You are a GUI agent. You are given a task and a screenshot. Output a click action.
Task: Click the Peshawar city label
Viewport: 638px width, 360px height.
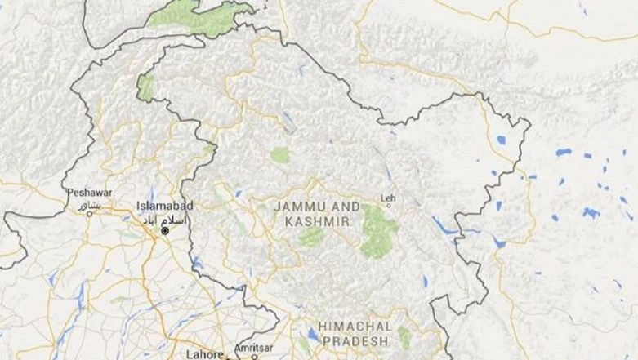pyautogui.click(x=87, y=193)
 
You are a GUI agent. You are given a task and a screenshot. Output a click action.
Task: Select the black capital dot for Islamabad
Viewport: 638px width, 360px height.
pyautogui.click(x=165, y=231)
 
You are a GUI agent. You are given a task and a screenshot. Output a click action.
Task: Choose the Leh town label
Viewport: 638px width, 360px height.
pyautogui.click(x=388, y=198)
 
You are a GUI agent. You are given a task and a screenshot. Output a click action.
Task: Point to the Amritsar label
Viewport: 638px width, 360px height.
pyautogui.click(x=254, y=348)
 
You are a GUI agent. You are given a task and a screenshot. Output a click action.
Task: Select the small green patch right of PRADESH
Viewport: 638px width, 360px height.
pyautogui.click(x=404, y=336)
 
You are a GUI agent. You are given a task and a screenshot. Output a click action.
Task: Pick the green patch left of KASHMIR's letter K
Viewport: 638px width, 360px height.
pyautogui.click(x=310, y=237)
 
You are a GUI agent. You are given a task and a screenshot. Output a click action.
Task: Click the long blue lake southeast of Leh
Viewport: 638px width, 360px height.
pyautogui.click(x=444, y=227)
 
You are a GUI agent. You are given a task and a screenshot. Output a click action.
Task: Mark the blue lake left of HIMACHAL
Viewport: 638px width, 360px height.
pyautogui.click(x=314, y=335)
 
